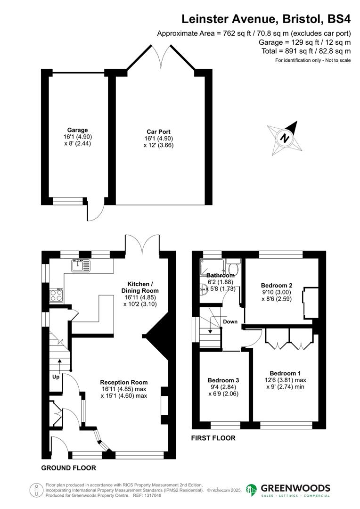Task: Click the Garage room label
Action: [77, 130]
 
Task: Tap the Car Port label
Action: [158, 131]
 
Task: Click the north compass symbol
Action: [284, 138]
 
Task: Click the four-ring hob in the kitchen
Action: [57, 296]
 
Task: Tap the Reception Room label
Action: [124, 382]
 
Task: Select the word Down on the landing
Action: [230, 322]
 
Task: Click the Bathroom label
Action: [221, 275]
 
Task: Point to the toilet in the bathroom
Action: [234, 268]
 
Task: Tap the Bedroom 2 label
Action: [277, 285]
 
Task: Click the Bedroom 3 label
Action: [223, 380]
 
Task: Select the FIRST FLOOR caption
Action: [213, 438]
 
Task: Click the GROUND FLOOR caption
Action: [69, 468]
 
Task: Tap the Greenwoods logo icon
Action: [252, 491]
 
